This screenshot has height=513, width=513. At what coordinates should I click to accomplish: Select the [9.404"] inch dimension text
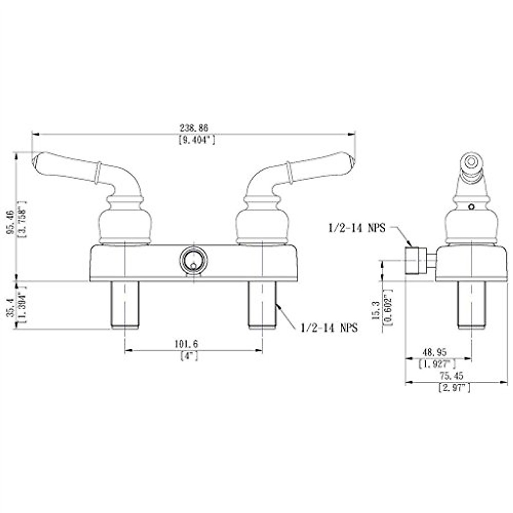tap(196, 140)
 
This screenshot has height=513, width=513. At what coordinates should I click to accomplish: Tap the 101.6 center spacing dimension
tap(186, 343)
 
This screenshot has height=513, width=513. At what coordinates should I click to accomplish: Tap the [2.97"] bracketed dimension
tap(454, 388)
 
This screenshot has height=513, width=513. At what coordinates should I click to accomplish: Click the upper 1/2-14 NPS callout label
tap(357, 228)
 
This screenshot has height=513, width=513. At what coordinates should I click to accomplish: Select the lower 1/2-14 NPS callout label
tap(329, 328)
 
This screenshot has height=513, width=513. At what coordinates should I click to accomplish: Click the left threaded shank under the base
tap(124, 305)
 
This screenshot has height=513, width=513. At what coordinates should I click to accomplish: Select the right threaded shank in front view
tap(262, 305)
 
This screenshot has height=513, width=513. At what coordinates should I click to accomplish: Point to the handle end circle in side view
tap(471, 162)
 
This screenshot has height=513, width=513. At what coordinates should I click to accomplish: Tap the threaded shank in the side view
tap(471, 305)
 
